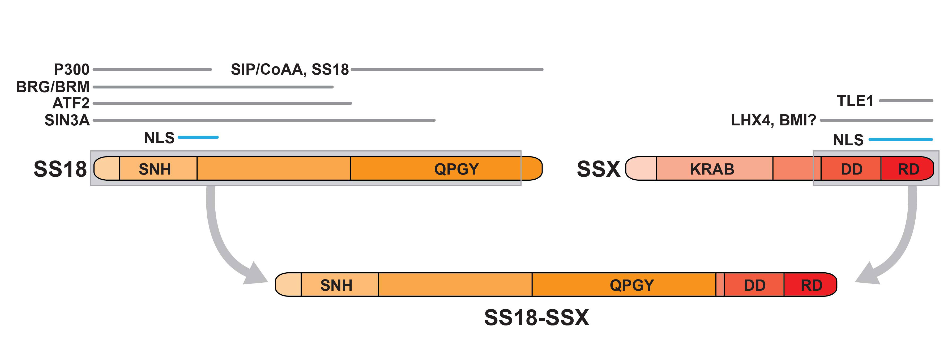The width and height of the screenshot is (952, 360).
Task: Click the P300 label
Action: (72, 70)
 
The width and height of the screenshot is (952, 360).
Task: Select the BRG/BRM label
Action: (53, 87)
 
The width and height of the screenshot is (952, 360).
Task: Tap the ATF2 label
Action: (71, 103)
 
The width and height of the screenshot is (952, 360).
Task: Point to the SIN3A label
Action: (67, 120)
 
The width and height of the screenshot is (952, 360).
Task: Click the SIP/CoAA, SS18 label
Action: (290, 70)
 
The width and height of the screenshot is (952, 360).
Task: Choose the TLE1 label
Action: (855, 100)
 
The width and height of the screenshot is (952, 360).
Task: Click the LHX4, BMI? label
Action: (774, 120)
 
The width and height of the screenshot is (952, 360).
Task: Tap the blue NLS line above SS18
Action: (198, 137)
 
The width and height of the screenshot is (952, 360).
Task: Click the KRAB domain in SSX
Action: (712, 169)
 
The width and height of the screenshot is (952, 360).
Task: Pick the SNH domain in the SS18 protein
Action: (155, 169)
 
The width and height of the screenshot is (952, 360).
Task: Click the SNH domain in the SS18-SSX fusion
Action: (336, 285)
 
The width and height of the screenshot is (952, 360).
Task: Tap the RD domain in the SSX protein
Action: (908, 169)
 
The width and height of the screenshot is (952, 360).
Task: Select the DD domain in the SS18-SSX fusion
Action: (754, 285)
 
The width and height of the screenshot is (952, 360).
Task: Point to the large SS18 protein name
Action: (60, 169)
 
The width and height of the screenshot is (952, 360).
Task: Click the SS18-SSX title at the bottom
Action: (537, 317)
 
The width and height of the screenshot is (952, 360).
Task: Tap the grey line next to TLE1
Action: (906, 100)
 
